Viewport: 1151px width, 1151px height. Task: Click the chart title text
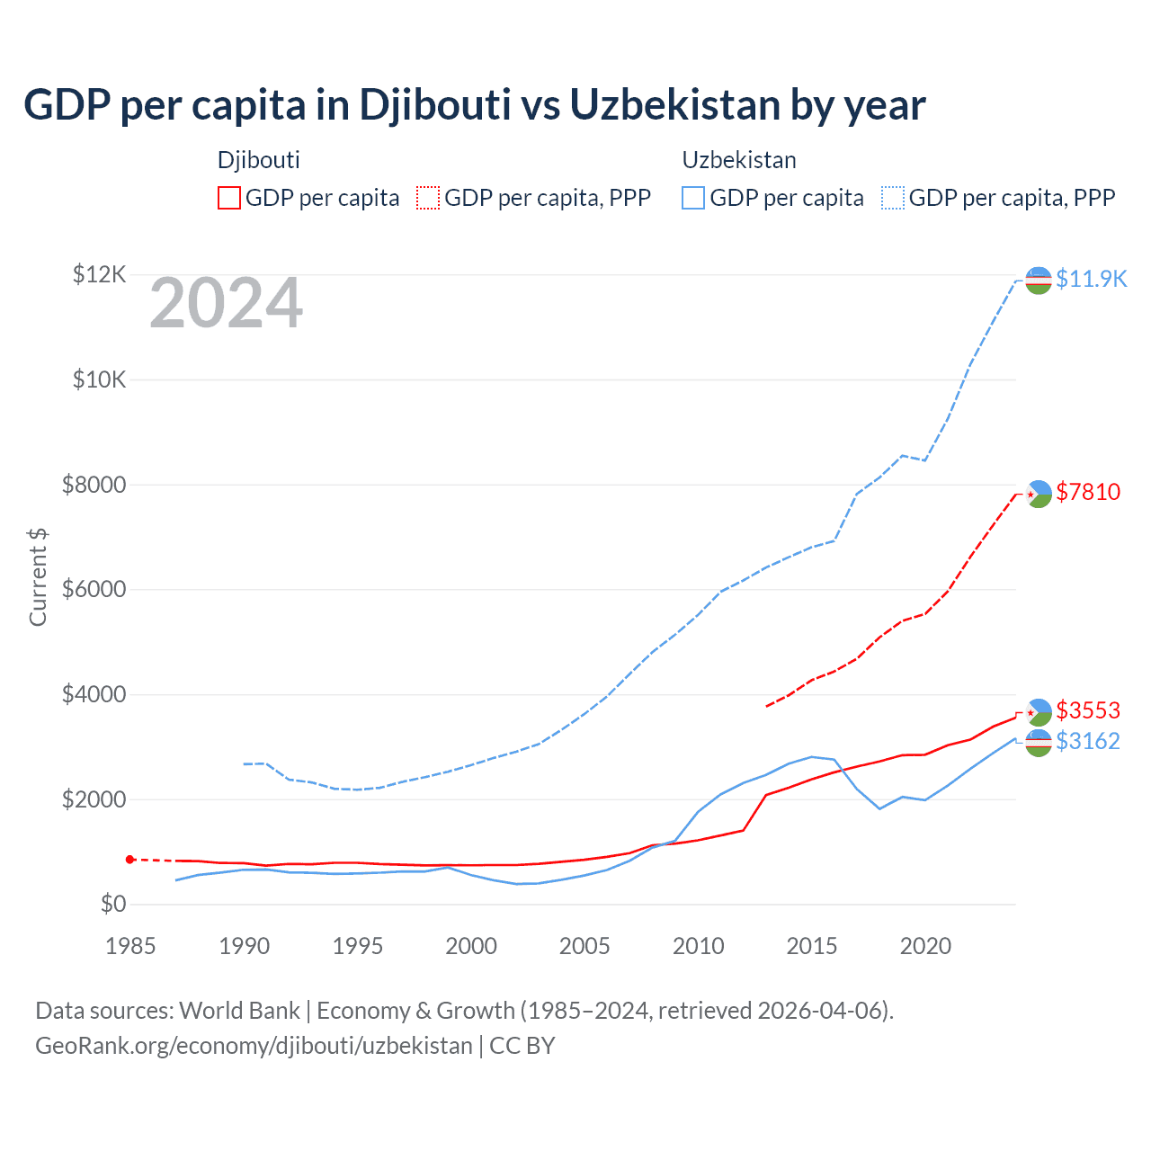pos(474,105)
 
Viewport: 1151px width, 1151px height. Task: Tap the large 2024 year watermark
pos(226,304)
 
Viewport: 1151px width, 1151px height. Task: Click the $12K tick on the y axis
pos(99,274)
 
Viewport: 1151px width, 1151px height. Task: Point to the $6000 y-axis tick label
pos(94,590)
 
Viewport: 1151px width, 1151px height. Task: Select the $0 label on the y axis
pos(112,905)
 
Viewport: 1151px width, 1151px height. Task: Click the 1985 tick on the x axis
pos(130,946)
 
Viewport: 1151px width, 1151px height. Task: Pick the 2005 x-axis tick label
pos(584,946)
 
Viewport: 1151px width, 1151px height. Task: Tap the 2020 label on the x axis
pos(925,946)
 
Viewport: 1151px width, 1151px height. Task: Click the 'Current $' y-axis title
pos(38,576)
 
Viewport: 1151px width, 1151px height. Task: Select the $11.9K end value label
pos(1091,279)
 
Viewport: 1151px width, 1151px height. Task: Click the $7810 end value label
pos(1088,492)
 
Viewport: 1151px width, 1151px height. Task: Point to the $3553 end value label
pos(1088,710)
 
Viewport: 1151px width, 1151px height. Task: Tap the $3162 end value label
pos(1088,741)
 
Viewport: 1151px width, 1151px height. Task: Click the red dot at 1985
pos(130,860)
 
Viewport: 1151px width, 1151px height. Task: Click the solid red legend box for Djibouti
pos(229,198)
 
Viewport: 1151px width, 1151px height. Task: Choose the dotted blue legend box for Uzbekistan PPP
pos(893,198)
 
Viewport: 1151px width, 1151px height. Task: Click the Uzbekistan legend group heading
pos(739,160)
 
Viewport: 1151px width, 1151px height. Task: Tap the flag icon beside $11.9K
pos(1039,281)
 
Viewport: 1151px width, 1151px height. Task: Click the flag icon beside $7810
pos(1039,494)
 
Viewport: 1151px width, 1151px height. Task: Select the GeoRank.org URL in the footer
pos(254,1046)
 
